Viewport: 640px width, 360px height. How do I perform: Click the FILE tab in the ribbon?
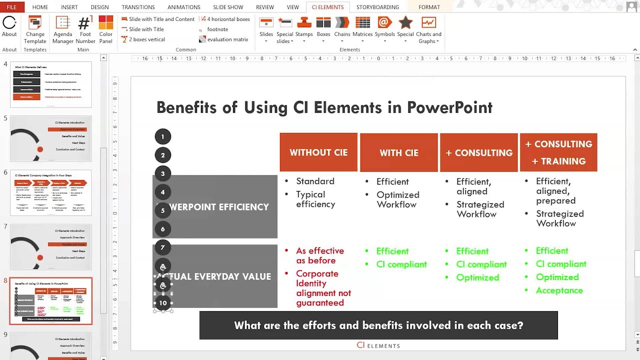click(x=11, y=7)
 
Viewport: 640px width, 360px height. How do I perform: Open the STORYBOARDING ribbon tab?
click(x=377, y=7)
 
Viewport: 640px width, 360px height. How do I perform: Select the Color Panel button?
click(x=105, y=30)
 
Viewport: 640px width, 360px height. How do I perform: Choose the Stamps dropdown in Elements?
click(x=304, y=30)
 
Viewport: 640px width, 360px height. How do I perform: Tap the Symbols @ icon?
click(x=384, y=22)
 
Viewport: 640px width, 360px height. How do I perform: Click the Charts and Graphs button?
click(x=428, y=30)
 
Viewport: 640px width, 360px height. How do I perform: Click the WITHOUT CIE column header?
click(x=318, y=152)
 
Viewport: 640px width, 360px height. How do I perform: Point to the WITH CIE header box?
click(x=398, y=152)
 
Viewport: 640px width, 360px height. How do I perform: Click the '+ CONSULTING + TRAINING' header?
click(x=558, y=152)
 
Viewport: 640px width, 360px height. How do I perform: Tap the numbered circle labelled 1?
click(x=162, y=136)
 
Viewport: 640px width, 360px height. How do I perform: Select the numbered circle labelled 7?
click(x=162, y=247)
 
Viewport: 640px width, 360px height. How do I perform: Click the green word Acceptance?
click(x=559, y=290)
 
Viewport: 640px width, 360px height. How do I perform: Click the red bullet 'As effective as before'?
click(x=319, y=255)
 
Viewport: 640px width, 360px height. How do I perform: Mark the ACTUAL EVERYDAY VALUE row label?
click(x=220, y=276)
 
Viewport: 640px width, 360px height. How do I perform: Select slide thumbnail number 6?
click(x=51, y=192)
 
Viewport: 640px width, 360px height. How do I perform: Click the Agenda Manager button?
click(x=63, y=30)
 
